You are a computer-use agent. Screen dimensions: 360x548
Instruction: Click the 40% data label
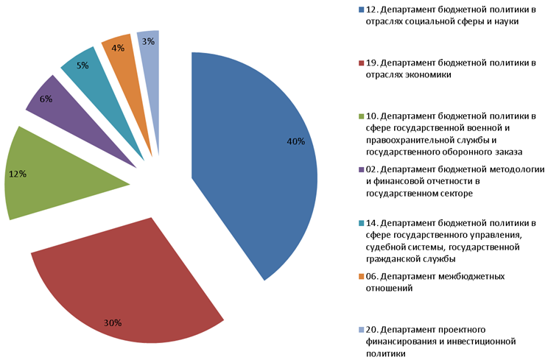coord(296,141)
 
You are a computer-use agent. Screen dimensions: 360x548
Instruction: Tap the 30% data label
coord(113,322)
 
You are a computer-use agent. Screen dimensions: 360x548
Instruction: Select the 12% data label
coord(17,174)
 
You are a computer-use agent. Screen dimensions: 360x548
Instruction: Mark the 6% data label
coord(46,99)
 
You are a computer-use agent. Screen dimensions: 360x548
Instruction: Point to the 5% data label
coord(82,65)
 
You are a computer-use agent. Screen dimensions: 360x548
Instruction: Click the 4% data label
coord(117,49)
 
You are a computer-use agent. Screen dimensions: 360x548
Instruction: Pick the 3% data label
coord(149,41)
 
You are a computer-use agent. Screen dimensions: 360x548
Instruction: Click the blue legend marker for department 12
coord(361,10)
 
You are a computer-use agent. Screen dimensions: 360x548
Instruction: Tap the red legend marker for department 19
coord(361,63)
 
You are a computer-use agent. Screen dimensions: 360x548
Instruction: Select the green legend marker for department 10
coord(361,116)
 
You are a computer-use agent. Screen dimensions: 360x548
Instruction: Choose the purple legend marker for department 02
coord(361,169)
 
